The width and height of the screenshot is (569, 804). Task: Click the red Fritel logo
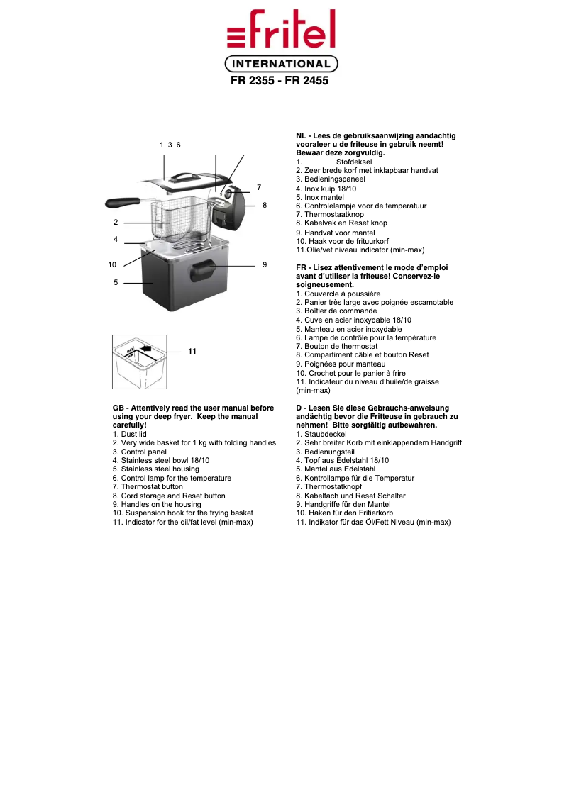coord(281,30)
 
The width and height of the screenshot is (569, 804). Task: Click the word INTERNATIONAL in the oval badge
coord(282,65)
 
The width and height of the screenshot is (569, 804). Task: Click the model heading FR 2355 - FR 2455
coord(280,82)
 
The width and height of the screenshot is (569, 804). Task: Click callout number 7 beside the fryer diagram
coord(259,187)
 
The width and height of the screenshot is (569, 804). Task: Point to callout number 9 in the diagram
coord(264,264)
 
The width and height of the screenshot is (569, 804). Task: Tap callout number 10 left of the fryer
coord(112,264)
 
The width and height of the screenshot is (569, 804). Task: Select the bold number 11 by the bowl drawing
coord(192,352)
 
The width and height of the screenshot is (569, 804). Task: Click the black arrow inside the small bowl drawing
coord(146,348)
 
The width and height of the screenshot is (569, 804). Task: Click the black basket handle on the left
coord(121,203)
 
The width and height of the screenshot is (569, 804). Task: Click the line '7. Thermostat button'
coord(148,487)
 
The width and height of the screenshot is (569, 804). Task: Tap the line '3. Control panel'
coord(140,452)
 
